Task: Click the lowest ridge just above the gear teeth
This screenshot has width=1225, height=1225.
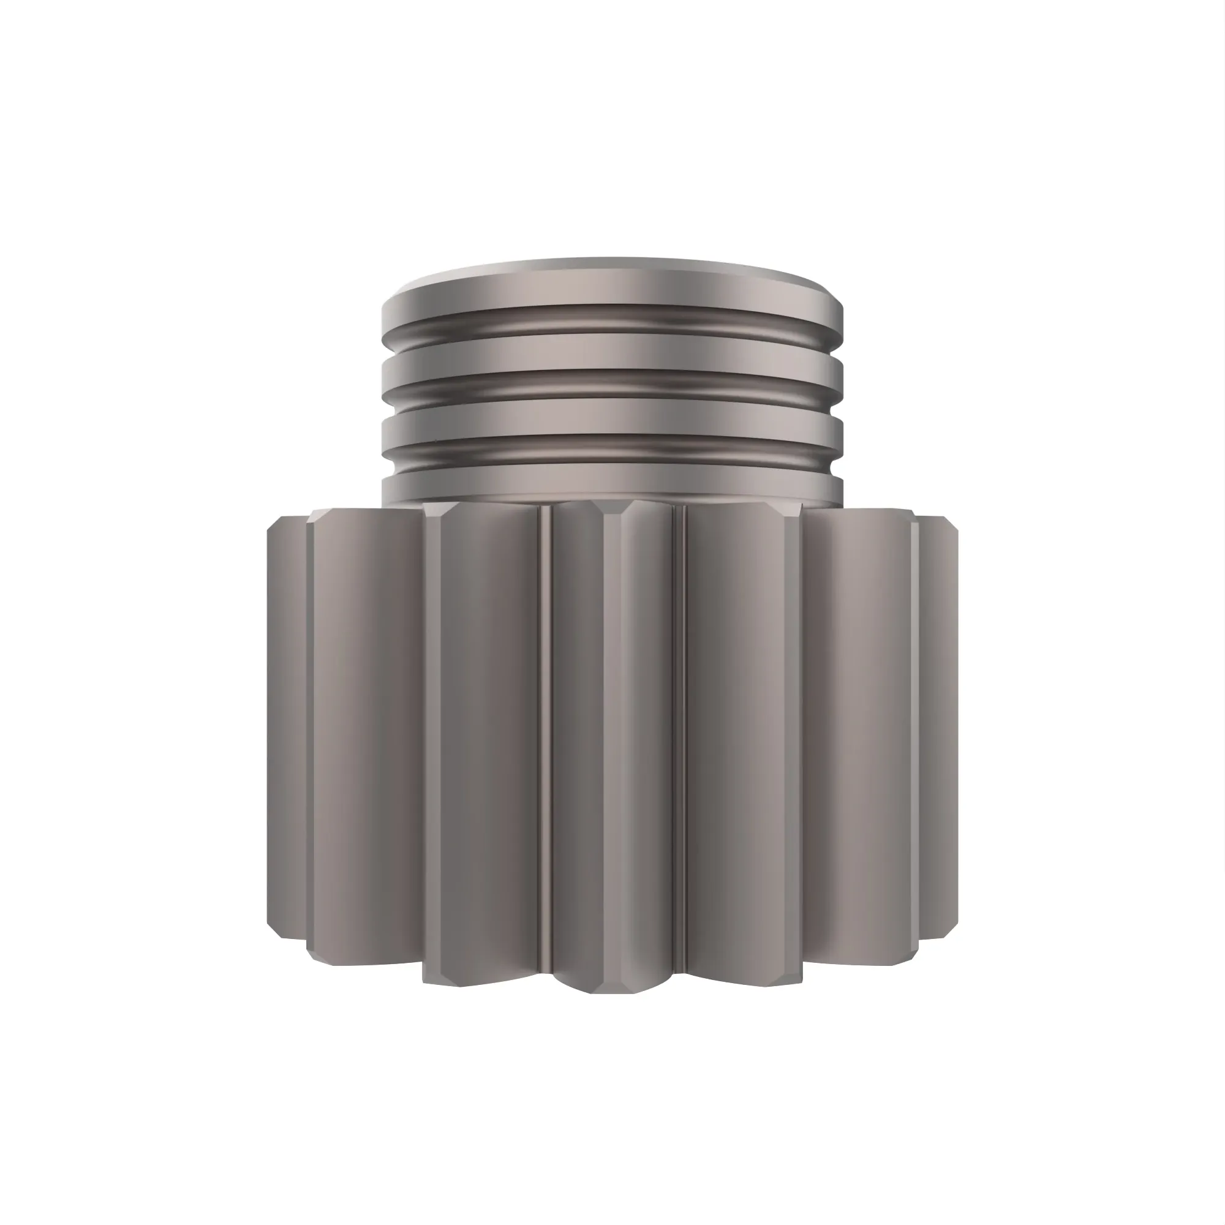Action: tap(612, 485)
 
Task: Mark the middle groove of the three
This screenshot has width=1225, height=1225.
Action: tap(612, 386)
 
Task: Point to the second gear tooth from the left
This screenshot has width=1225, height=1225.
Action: tap(364, 729)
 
